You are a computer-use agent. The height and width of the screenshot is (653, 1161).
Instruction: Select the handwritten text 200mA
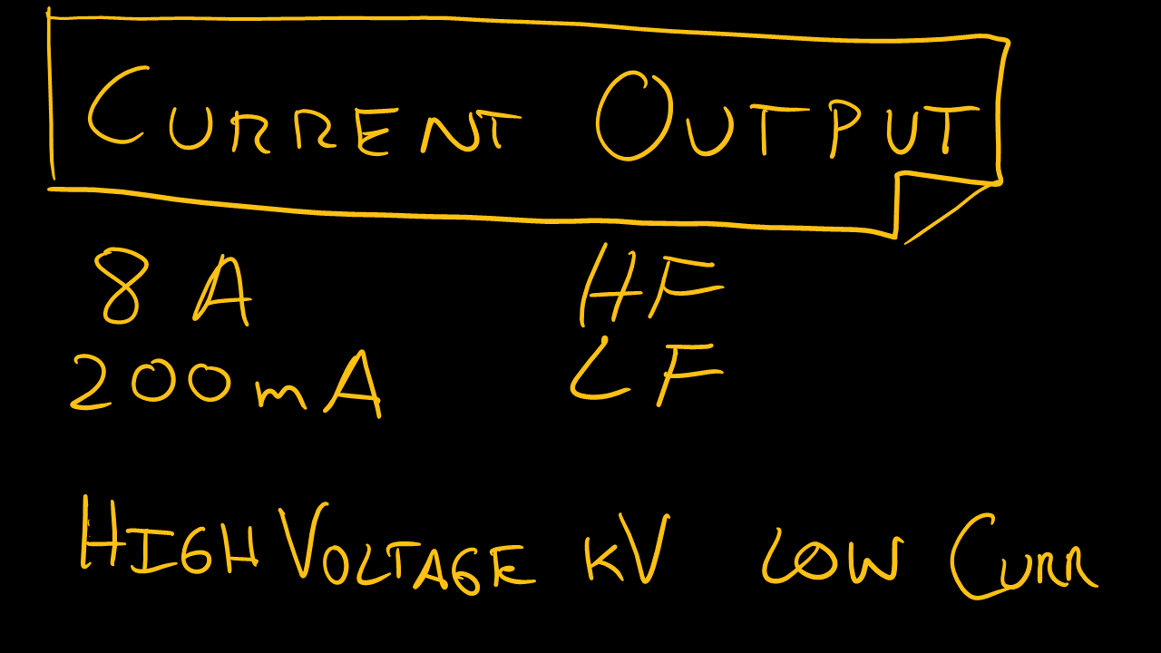click(226, 383)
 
